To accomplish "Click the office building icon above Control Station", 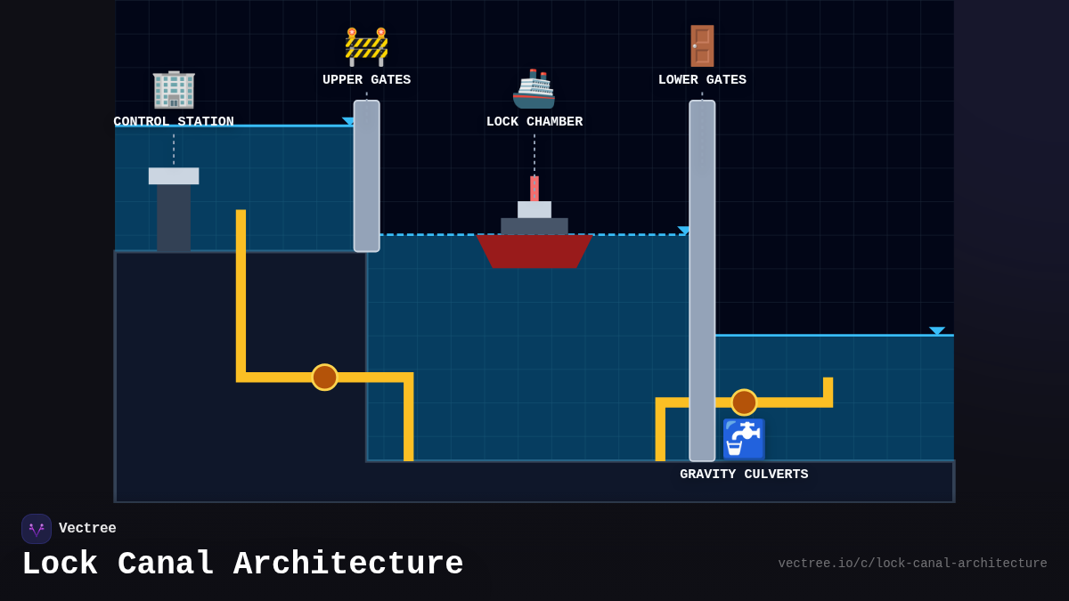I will pyautogui.click(x=174, y=89).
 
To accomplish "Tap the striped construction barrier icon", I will pyautogui.click(x=366, y=46).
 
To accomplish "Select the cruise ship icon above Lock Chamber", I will pyautogui.click(x=534, y=89).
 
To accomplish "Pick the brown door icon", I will pyautogui.click(x=702, y=46).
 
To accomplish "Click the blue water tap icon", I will pyautogui.click(x=744, y=439).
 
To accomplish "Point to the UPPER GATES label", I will pyautogui.click(x=366, y=80).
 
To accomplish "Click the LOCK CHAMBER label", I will pyautogui.click(x=534, y=122).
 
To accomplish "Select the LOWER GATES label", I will pyautogui.click(x=702, y=80).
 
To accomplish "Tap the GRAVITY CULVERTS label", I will pyautogui.click(x=744, y=475).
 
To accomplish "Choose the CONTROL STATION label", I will pyautogui.click(x=174, y=122).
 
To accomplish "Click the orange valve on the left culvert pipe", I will pyautogui.click(x=324, y=377).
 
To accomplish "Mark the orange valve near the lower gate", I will pyautogui.click(x=744, y=402).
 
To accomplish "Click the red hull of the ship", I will pyautogui.click(x=534, y=250).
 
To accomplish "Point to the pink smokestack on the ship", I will pyautogui.click(x=534, y=188).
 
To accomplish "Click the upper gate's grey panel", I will pyautogui.click(x=366, y=175).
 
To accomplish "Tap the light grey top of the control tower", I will pyautogui.click(x=174, y=175).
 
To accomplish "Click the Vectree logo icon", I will pyautogui.click(x=37, y=529).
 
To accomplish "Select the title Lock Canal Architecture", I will pyautogui.click(x=242, y=564).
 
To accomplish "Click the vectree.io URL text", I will pyautogui.click(x=912, y=564).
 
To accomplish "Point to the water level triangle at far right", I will pyautogui.click(x=936, y=331).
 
